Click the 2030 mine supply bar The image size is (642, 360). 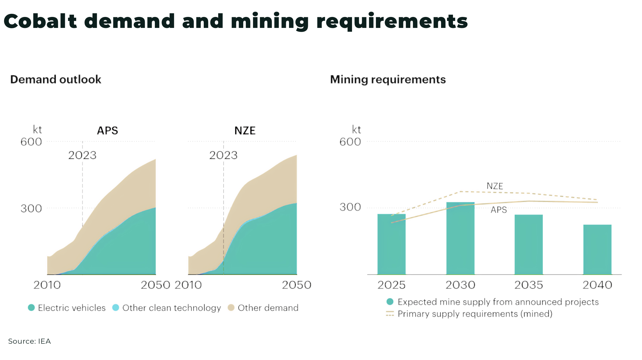[x=460, y=238]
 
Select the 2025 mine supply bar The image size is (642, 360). [x=391, y=244]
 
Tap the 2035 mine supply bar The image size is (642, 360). [x=529, y=245]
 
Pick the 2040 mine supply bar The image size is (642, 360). [x=597, y=250]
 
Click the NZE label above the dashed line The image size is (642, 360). [x=495, y=186]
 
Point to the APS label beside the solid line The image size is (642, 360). [x=498, y=210]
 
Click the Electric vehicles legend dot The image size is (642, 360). [x=31, y=308]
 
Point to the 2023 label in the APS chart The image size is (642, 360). [x=82, y=155]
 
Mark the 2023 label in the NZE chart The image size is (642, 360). [x=224, y=155]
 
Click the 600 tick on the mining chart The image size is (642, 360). [x=350, y=142]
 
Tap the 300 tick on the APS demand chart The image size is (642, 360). [x=31, y=209]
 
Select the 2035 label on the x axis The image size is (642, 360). [x=529, y=285]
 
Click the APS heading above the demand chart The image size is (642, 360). [x=108, y=130]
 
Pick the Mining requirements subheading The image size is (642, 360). [x=388, y=79]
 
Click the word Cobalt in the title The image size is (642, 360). [x=40, y=21]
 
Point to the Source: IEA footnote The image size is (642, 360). [x=29, y=341]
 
